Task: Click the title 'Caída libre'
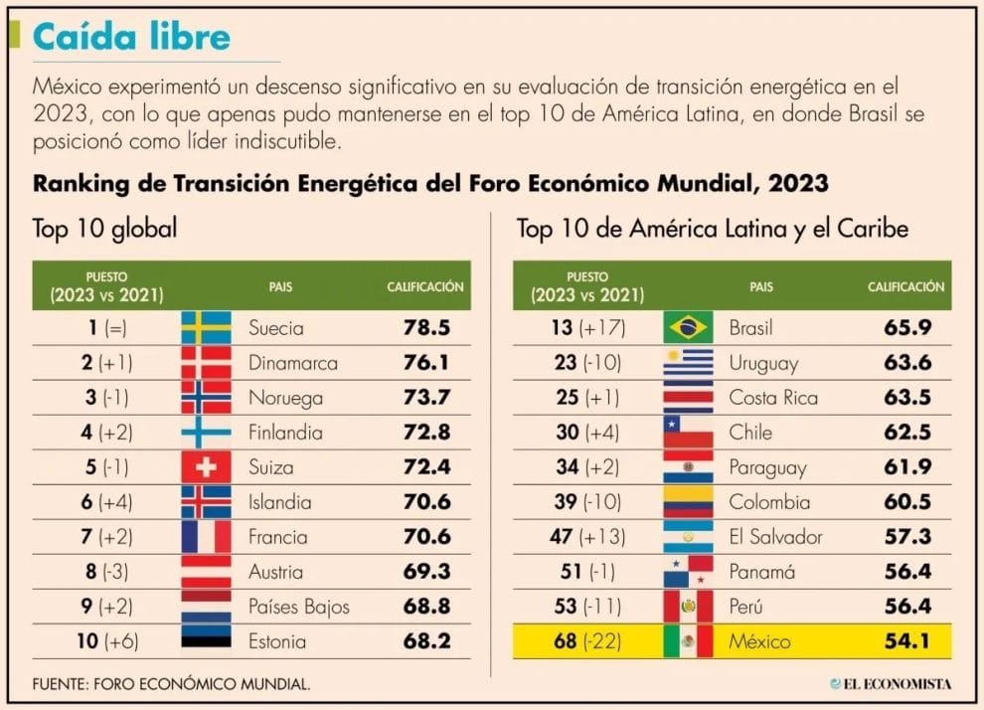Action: pyautogui.click(x=131, y=37)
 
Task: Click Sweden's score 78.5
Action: pyautogui.click(x=427, y=328)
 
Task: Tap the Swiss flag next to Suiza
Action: pyautogui.click(x=206, y=467)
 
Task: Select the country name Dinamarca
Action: pyautogui.click(x=293, y=363)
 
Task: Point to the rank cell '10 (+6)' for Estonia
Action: pyautogui.click(x=107, y=641)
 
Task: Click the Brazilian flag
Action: pyautogui.click(x=688, y=328)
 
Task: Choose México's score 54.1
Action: pyautogui.click(x=907, y=641)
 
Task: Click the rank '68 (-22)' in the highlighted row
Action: pyautogui.click(x=587, y=641)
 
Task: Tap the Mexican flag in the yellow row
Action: pyautogui.click(x=688, y=641)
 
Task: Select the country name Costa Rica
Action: pyautogui.click(x=773, y=398)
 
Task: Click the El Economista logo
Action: pyautogui.click(x=891, y=683)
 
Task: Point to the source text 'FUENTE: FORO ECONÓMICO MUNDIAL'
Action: pyautogui.click(x=171, y=683)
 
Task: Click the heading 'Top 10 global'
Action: pyautogui.click(x=104, y=230)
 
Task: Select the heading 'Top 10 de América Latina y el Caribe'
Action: pyautogui.click(x=712, y=230)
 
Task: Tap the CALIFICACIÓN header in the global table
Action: pyautogui.click(x=424, y=286)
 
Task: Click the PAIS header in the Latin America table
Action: pyautogui.click(x=761, y=286)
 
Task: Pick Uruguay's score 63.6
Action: pyautogui.click(x=907, y=363)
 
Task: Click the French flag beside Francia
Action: pyautogui.click(x=206, y=537)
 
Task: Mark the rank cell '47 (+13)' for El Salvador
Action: pyautogui.click(x=587, y=537)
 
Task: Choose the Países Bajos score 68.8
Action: pyautogui.click(x=427, y=607)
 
